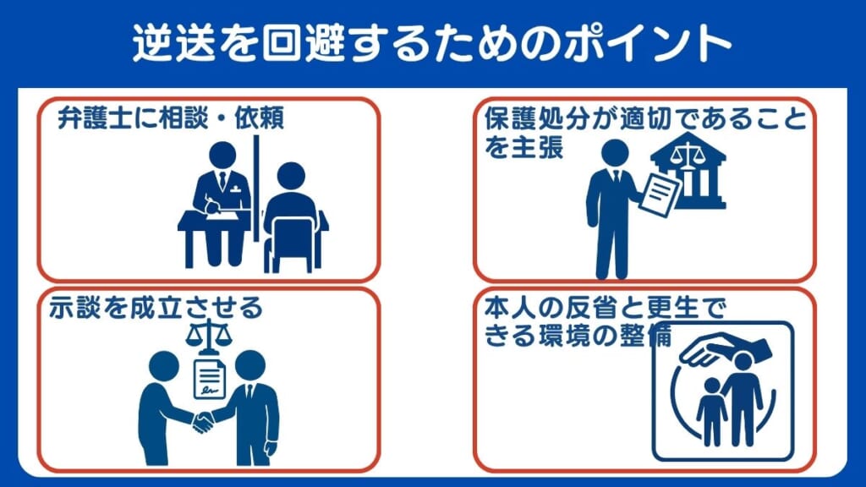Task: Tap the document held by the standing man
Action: pos(660,193)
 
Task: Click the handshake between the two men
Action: pos(203,420)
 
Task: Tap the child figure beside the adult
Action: pos(710,410)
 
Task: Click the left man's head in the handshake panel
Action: pos(163,367)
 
